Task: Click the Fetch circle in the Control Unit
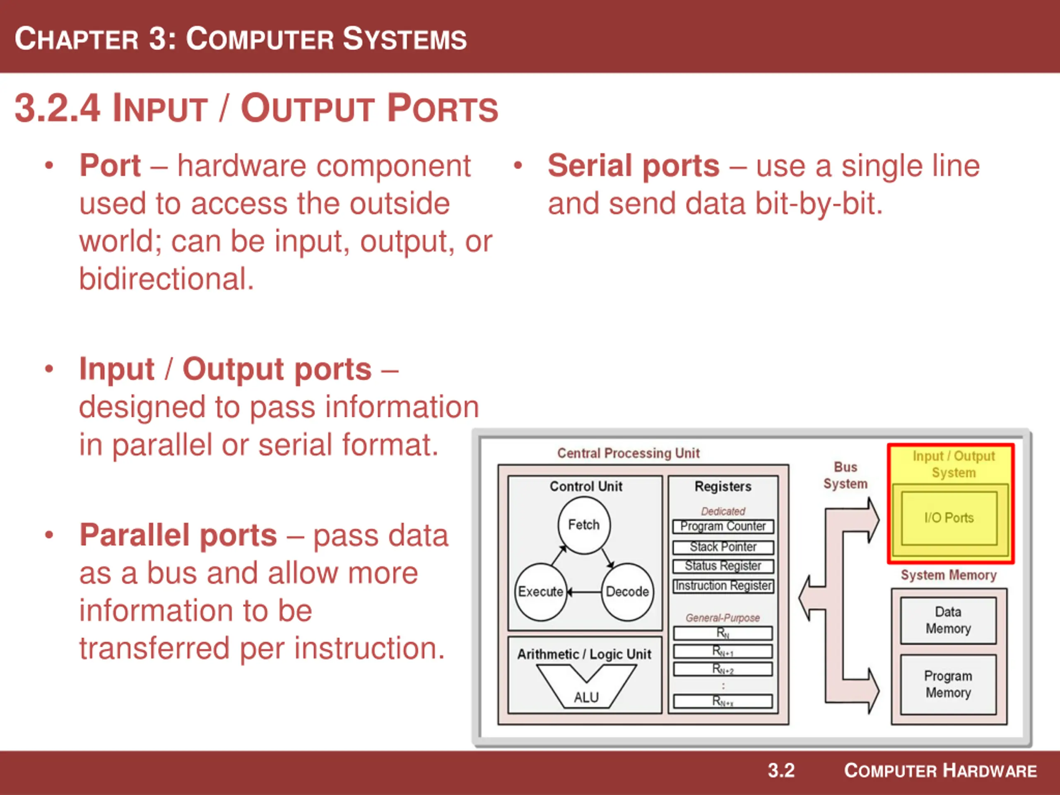click(x=584, y=525)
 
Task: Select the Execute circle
click(x=540, y=592)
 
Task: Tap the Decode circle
click(x=627, y=592)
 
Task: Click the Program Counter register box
click(x=723, y=527)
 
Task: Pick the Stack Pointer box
click(x=723, y=547)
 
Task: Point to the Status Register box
click(x=723, y=566)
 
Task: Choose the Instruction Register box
click(x=723, y=586)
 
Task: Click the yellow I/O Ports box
click(x=949, y=518)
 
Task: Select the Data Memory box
click(x=948, y=620)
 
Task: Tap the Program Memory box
click(x=948, y=684)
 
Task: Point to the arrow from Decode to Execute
click(x=584, y=592)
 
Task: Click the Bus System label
click(x=846, y=475)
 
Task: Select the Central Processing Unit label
click(x=628, y=453)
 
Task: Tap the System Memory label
click(x=948, y=575)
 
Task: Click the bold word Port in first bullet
click(x=110, y=166)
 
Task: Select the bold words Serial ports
click(x=633, y=166)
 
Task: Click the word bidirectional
click(x=166, y=279)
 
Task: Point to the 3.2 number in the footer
click(x=781, y=771)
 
